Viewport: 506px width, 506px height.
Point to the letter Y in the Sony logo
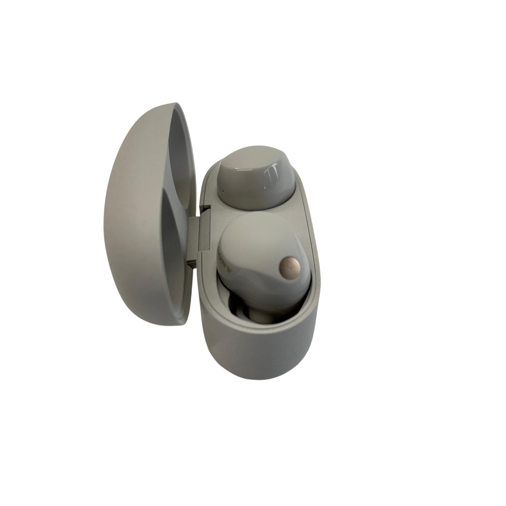click(x=230, y=270)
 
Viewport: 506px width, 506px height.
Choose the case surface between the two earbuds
click(x=301, y=207)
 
